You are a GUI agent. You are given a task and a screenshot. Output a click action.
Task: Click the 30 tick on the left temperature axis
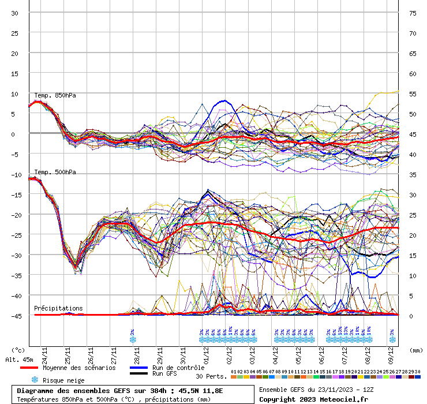tap(14, 13)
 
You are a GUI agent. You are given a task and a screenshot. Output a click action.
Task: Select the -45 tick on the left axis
tap(14, 316)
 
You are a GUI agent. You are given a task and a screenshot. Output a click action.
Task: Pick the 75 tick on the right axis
tap(413, 13)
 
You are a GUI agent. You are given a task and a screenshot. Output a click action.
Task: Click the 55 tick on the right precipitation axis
tap(413, 93)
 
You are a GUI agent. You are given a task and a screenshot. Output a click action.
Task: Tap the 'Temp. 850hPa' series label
tap(55, 95)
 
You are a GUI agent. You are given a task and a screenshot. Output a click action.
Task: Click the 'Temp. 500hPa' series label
tap(55, 172)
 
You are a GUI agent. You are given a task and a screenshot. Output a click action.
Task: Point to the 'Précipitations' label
tap(58, 308)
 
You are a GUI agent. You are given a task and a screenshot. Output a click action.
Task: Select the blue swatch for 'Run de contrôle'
tap(138, 368)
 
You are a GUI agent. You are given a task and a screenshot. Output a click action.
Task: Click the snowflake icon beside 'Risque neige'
tap(35, 380)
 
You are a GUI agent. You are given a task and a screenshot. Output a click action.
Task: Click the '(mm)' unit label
tap(416, 350)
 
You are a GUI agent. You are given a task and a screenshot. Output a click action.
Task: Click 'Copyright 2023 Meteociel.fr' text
tap(309, 399)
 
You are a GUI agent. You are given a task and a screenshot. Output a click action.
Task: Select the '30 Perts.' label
tap(211, 376)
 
